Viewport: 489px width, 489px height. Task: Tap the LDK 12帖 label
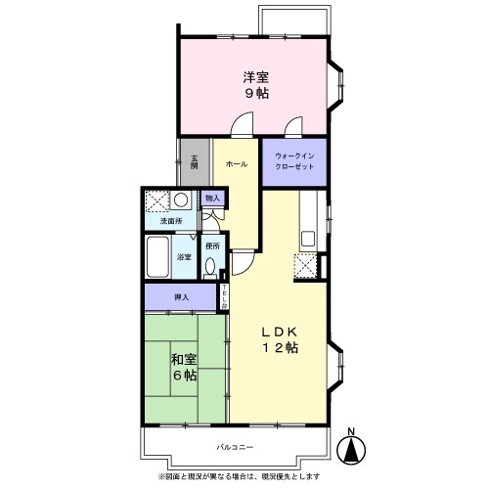click(x=279, y=340)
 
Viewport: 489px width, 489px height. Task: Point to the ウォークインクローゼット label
click(x=294, y=162)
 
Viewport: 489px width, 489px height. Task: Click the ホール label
click(x=236, y=164)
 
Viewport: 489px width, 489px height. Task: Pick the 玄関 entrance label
click(x=194, y=161)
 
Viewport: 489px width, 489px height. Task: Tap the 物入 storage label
click(x=211, y=199)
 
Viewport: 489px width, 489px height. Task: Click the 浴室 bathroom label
click(x=184, y=257)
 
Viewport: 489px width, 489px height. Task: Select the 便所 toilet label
click(x=212, y=244)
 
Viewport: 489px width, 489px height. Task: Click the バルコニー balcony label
click(x=235, y=446)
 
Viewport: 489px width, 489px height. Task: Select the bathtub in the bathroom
click(x=157, y=258)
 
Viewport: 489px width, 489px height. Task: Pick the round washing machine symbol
click(x=181, y=200)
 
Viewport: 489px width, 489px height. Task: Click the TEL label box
click(x=224, y=294)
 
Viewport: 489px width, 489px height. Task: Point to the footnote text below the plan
click(x=244, y=476)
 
